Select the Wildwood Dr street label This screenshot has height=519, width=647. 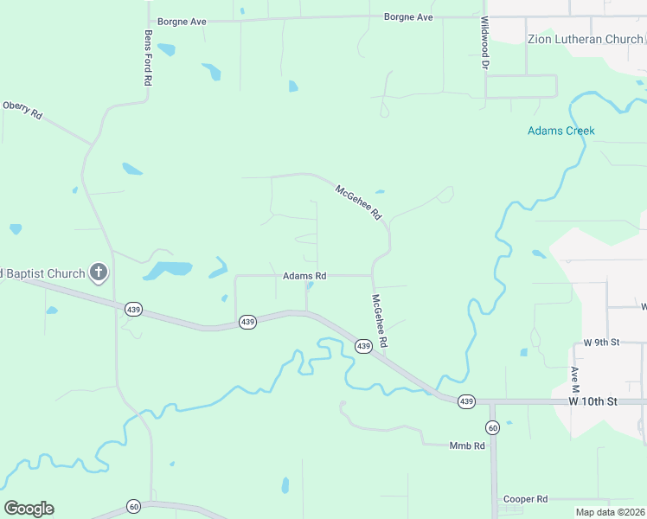coord(485,43)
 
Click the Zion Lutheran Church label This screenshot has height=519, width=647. coord(586,39)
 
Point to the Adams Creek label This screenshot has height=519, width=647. coord(561,131)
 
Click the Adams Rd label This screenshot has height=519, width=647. coord(304,276)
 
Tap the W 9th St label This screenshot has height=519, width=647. coord(602,343)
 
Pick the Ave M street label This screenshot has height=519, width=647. coord(574,378)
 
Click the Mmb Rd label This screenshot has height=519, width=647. coord(466,446)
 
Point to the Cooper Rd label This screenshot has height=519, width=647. coord(526,499)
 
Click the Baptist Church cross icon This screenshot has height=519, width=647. coord(99,273)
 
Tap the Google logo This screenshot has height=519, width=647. coord(29,508)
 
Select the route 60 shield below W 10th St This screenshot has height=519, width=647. coord(492,427)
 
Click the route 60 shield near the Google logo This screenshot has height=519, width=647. coord(133,506)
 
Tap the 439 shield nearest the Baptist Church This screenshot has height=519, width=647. coord(133,309)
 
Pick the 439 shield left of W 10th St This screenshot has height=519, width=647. coord(466,401)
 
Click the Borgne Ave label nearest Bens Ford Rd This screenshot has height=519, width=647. coord(181,21)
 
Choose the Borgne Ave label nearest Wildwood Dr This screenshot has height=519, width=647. coord(408,17)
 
